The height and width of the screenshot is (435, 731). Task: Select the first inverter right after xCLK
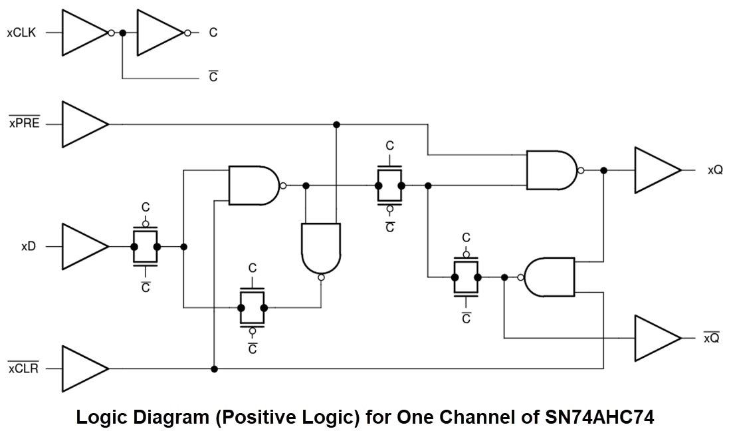[x=84, y=32]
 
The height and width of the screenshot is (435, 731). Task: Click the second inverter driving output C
[x=159, y=32]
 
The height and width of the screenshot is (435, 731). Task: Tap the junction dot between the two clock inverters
[x=122, y=32]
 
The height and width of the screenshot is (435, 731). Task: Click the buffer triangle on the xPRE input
[x=84, y=124]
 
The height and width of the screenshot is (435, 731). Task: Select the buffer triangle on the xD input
[x=84, y=246]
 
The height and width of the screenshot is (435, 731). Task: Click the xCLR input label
[x=23, y=368]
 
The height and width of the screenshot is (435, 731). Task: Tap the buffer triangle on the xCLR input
[x=84, y=368]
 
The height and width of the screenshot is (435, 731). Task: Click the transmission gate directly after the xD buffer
[x=146, y=246]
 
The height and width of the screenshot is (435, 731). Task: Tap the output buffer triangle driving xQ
[x=656, y=170]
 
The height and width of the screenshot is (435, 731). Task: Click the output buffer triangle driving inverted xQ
[x=656, y=338]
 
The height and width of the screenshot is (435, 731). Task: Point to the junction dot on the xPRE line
[x=337, y=124]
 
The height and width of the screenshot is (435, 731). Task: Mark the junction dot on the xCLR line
[x=214, y=368]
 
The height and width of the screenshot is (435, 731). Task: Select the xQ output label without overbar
[x=714, y=170]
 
